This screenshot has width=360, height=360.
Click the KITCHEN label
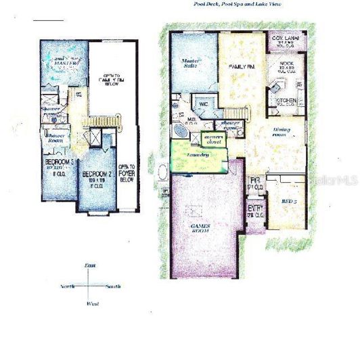pos(285,99)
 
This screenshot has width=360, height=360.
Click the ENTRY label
pos(255,208)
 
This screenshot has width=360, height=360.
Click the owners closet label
pos(215,139)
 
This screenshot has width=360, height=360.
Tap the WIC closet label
pos(202,105)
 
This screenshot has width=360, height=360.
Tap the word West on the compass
pos(93,304)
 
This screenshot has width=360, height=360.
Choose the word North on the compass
pos(68,287)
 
